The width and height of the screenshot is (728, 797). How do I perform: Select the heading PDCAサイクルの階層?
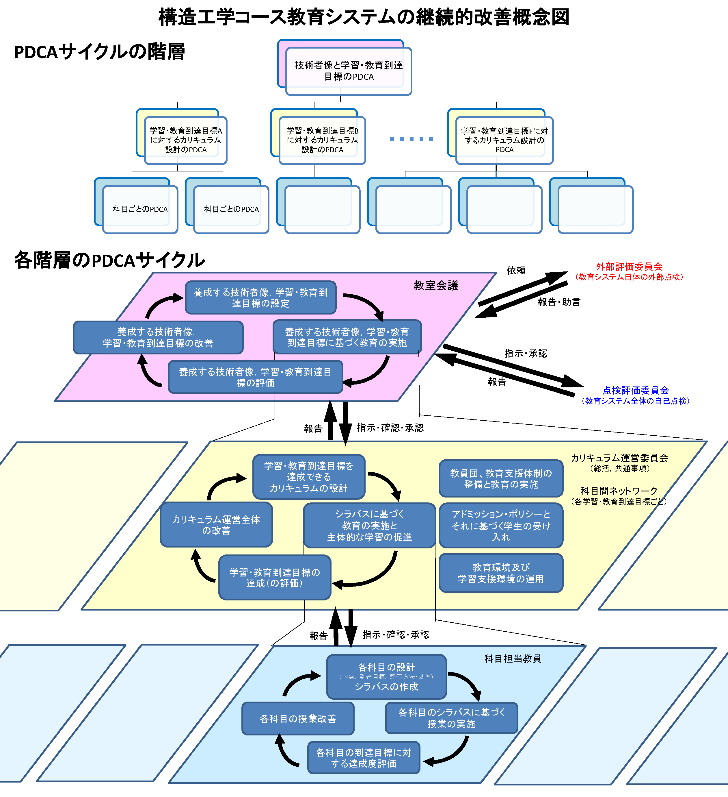click(x=100, y=52)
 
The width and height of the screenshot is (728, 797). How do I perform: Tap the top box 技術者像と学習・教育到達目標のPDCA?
click(x=348, y=71)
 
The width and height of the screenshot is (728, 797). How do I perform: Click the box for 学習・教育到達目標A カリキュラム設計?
click(x=186, y=140)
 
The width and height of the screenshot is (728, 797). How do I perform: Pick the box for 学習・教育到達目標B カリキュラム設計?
click(x=322, y=140)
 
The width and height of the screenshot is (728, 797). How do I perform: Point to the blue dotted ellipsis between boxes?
click(x=411, y=139)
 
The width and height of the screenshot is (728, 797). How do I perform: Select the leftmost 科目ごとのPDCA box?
click(x=140, y=209)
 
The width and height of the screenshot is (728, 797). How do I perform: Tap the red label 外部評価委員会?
click(x=629, y=267)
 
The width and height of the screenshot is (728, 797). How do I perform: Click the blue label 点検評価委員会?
click(x=635, y=390)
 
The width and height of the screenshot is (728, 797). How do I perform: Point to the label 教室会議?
click(x=436, y=285)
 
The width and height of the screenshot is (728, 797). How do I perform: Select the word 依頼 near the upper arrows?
click(x=516, y=270)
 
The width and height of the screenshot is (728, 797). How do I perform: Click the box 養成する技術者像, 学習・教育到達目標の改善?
click(x=158, y=337)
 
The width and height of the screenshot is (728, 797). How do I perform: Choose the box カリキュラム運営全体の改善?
click(x=216, y=525)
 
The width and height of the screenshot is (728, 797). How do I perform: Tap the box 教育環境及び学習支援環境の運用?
click(x=500, y=573)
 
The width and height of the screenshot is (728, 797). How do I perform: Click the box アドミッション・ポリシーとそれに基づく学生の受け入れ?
click(x=500, y=525)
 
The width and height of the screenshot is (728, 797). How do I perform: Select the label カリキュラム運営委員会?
click(x=619, y=458)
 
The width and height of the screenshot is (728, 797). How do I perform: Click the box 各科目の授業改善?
click(x=298, y=719)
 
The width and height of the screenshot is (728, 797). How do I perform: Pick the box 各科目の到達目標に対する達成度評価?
click(x=363, y=758)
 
